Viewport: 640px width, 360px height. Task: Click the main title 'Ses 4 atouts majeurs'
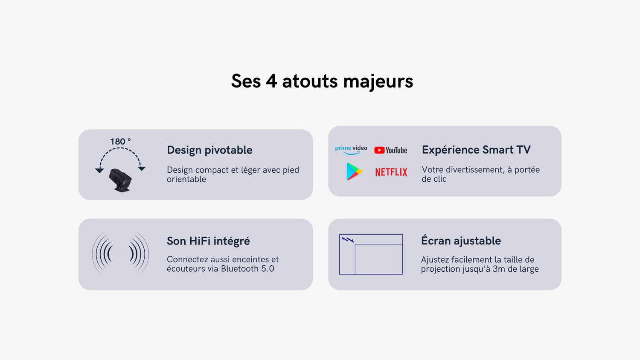(322, 81)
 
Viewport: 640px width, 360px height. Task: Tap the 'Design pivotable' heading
(209, 150)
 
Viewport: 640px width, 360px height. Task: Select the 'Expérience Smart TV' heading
(476, 150)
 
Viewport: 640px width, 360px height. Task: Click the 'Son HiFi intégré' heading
(208, 241)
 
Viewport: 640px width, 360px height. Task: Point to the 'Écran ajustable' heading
(461, 241)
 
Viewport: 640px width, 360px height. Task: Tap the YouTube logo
(390, 150)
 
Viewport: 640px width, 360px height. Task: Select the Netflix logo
(391, 172)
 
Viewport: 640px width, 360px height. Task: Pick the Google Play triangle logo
(354, 172)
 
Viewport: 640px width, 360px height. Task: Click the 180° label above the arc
(120, 142)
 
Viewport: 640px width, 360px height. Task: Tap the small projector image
(120, 180)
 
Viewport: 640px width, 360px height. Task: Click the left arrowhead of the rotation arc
(99, 171)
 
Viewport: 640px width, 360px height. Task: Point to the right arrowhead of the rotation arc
(141, 168)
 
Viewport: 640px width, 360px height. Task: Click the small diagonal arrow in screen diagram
(348, 240)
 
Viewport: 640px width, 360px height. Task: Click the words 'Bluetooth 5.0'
(247, 269)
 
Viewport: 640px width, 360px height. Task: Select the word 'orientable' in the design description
(186, 180)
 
